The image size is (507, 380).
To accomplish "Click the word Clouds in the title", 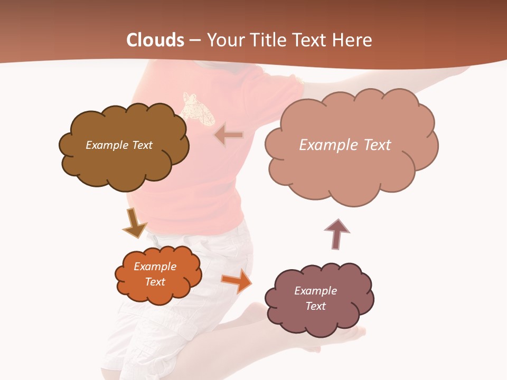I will pyautogui.click(x=155, y=40).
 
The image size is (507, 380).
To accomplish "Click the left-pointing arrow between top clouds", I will pyautogui.click(x=229, y=136).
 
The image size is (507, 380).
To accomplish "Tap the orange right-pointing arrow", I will pyautogui.click(x=237, y=281).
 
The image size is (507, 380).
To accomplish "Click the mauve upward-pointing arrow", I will pyautogui.click(x=336, y=234).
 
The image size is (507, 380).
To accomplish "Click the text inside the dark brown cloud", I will pyautogui.click(x=119, y=145).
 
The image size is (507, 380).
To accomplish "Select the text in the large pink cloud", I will pyautogui.click(x=345, y=145).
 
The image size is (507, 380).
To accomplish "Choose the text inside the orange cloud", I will pyautogui.click(x=155, y=274).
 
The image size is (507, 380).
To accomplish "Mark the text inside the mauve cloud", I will pyautogui.click(x=315, y=298).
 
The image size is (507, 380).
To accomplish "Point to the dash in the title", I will pyautogui.click(x=195, y=40).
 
